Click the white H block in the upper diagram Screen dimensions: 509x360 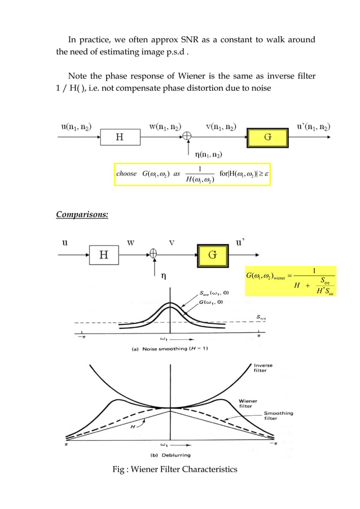[x=120, y=137]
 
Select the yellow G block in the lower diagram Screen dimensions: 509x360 [x=212, y=254]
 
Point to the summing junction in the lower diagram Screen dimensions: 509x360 [x=153, y=254]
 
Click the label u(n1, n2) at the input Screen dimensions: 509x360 [x=77, y=128]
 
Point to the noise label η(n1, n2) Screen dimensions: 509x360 [x=208, y=155]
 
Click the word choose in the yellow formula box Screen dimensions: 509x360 [x=126, y=174]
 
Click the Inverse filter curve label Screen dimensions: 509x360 [x=263, y=368]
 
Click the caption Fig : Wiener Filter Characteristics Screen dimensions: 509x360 [x=175, y=469]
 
